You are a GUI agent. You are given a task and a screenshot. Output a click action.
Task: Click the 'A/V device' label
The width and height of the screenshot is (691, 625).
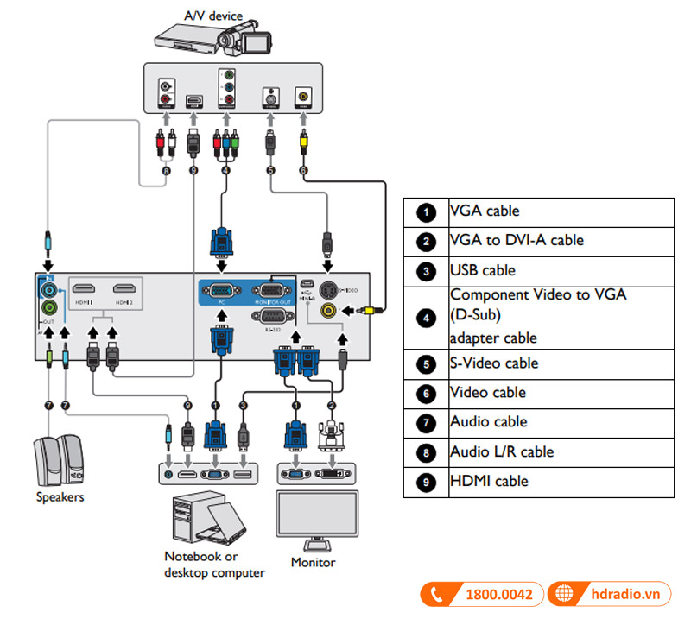click(213, 15)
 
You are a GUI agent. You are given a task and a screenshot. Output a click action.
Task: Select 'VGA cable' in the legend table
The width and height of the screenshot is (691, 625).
click(485, 211)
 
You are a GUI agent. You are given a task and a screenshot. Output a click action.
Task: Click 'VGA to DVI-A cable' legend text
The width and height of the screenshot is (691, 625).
click(517, 241)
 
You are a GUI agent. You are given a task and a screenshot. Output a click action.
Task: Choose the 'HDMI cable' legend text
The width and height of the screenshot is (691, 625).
click(489, 481)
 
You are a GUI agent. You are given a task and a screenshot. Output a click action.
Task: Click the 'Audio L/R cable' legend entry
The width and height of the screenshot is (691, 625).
click(502, 451)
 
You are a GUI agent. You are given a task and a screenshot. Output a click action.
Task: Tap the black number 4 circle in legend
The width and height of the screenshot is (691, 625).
click(426, 317)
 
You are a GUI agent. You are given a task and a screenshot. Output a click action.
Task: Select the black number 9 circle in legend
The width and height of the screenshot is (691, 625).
click(426, 482)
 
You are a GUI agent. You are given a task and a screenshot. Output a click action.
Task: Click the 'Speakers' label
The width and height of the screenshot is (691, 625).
click(60, 497)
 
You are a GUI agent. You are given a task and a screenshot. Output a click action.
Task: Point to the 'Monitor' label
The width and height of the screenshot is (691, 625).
click(313, 563)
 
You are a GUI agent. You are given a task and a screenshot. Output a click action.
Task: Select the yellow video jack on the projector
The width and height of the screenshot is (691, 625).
click(328, 310)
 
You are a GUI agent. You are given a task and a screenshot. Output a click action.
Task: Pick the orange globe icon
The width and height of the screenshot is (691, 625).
click(566, 595)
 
